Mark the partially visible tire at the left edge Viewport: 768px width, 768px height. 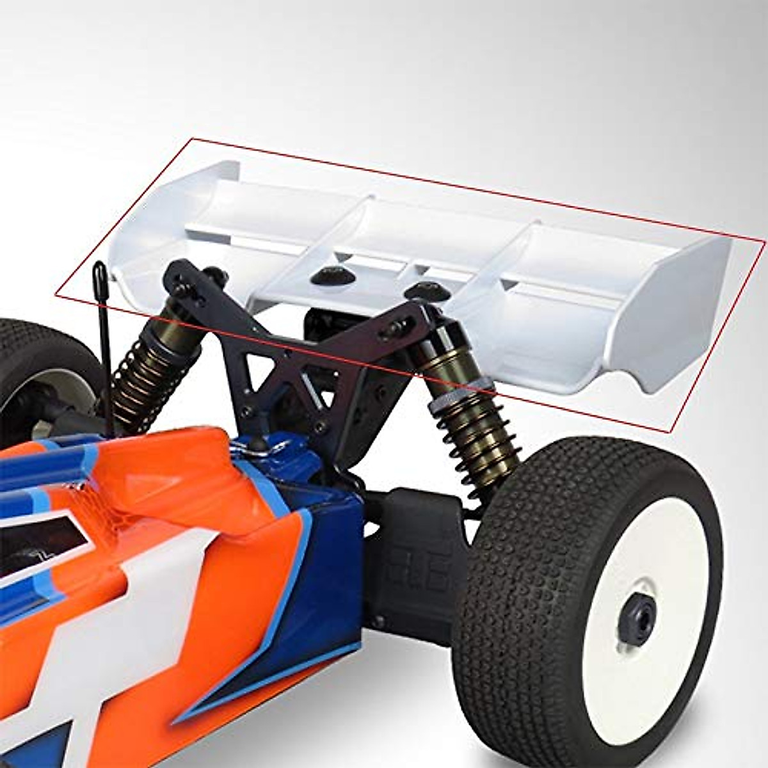pos(26,371)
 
